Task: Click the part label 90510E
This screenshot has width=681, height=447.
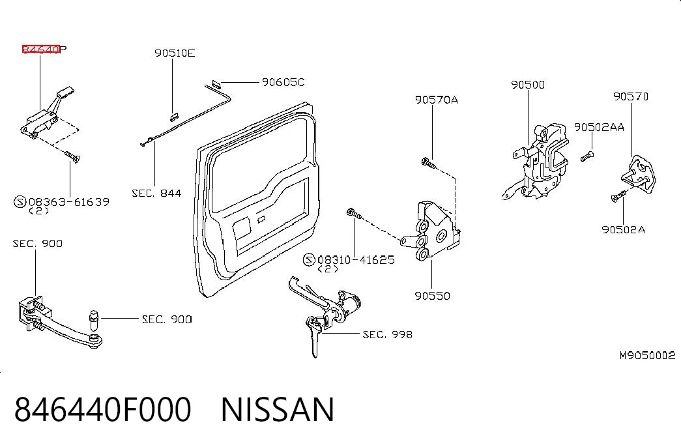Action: pos(175,53)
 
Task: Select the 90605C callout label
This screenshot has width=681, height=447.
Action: pos(283,82)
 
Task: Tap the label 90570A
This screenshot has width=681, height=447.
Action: pos(437,100)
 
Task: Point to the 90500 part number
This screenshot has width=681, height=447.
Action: pos(528,85)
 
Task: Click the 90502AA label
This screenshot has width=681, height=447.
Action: pos(599,127)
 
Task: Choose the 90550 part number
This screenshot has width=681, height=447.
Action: pos(432,296)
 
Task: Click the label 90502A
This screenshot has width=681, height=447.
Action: pos(623,229)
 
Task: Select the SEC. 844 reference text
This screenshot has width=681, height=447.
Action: pos(156,193)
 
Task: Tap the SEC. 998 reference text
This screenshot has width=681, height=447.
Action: pos(387,334)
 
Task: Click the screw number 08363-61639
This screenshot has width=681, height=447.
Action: pos(69,202)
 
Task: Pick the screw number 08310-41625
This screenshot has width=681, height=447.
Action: pos(356,260)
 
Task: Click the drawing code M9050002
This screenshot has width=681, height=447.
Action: pos(647,355)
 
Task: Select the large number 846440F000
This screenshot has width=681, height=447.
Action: pos(103,409)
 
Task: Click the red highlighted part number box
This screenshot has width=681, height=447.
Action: pos(41,49)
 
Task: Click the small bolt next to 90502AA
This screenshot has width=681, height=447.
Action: pos(587,156)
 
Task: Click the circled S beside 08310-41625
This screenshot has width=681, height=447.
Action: pos(309,260)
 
